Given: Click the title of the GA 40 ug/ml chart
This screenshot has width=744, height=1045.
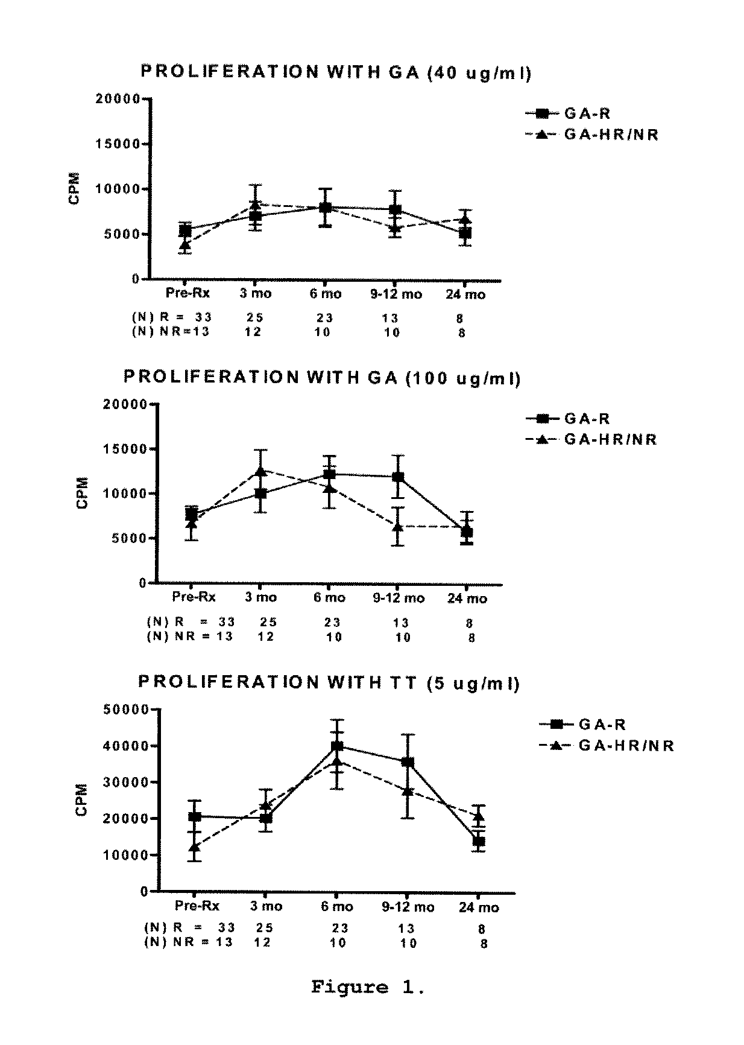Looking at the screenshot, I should [336, 72].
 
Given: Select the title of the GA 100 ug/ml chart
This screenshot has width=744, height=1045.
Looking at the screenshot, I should [322, 378].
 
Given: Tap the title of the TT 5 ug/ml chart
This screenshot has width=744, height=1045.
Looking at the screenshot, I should [329, 683].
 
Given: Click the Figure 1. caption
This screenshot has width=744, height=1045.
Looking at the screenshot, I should [368, 987].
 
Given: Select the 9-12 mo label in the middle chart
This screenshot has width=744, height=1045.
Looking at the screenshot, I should [399, 598].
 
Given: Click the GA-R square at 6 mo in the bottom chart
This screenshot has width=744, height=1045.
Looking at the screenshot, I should [337, 746].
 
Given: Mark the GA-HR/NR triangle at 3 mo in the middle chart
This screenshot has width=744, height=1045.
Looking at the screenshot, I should [260, 471].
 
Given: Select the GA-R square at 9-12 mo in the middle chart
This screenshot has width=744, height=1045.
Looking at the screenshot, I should [398, 477].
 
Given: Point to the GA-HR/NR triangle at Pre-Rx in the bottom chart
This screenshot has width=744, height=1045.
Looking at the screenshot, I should [194, 847].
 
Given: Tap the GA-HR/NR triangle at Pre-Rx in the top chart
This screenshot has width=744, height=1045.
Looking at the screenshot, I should [185, 244].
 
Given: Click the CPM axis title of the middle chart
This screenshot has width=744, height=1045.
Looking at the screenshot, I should [83, 493].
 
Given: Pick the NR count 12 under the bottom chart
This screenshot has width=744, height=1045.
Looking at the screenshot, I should [262, 942].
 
